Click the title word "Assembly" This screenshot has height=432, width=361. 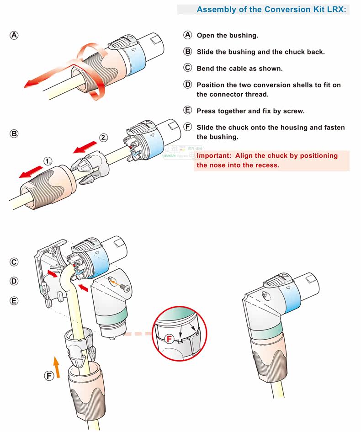point(216,9)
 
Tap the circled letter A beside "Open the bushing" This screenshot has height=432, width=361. point(187,35)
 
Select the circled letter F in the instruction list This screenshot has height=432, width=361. point(187,127)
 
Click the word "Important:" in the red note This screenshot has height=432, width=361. point(214,155)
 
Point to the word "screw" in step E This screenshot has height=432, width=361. point(293,111)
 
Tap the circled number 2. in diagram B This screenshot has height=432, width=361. point(104,137)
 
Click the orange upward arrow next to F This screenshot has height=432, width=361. point(56,367)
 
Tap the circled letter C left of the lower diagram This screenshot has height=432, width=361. point(14,261)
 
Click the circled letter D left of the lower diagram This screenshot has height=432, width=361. point(14,281)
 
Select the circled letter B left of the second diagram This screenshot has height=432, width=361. point(14,134)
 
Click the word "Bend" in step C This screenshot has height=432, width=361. point(205,68)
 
